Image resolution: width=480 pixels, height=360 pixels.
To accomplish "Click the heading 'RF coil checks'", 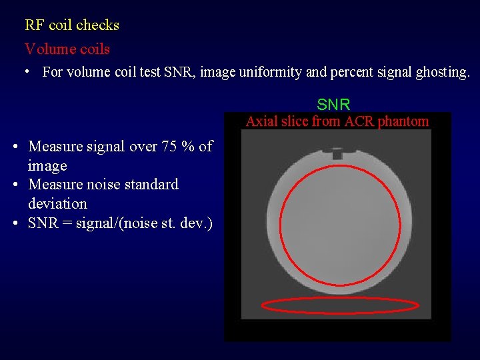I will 72,25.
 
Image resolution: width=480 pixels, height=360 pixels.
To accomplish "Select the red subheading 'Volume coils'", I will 67,49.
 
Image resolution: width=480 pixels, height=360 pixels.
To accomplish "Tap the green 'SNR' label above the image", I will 333,105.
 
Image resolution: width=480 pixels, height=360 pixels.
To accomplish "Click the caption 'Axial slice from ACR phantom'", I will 337,121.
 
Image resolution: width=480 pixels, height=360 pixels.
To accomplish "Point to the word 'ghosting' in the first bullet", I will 443,72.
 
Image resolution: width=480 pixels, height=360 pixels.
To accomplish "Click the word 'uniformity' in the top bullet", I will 270,72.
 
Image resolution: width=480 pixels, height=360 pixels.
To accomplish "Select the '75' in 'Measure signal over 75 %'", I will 168,146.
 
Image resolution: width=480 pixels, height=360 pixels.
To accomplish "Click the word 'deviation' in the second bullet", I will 57,203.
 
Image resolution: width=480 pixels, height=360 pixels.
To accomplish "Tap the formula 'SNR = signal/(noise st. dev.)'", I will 120,223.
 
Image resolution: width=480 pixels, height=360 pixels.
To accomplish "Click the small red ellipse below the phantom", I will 340,305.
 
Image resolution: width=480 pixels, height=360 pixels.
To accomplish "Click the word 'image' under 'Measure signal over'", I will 47,165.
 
